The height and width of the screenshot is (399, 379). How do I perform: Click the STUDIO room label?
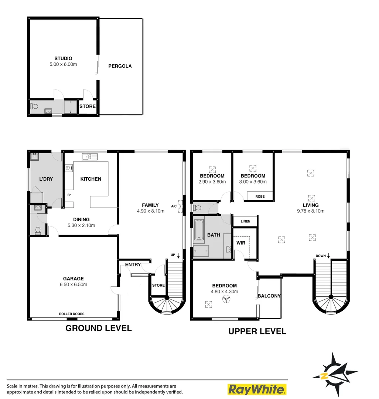pyautogui.click(x=63, y=58)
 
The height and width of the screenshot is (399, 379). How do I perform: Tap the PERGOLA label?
pyautogui.click(x=120, y=66)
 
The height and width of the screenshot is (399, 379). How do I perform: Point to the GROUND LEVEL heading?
pyautogui.click(x=98, y=328)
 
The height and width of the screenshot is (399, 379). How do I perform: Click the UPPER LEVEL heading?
pyautogui.click(x=257, y=331)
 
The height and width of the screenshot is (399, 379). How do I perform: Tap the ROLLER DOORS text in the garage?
pyautogui.click(x=72, y=314)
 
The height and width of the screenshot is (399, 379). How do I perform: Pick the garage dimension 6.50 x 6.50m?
pyautogui.click(x=73, y=284)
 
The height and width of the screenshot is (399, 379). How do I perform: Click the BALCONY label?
pyautogui.click(x=269, y=296)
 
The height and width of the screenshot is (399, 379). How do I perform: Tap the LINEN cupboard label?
pyautogui.click(x=245, y=222)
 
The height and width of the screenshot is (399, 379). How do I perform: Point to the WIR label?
pyautogui.click(x=241, y=243)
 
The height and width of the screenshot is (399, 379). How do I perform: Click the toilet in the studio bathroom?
pyautogui.click(x=35, y=107)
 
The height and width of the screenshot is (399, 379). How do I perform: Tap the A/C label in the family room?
pyautogui.click(x=174, y=206)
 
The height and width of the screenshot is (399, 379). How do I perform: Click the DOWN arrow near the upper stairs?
pyautogui.click(x=328, y=256)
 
